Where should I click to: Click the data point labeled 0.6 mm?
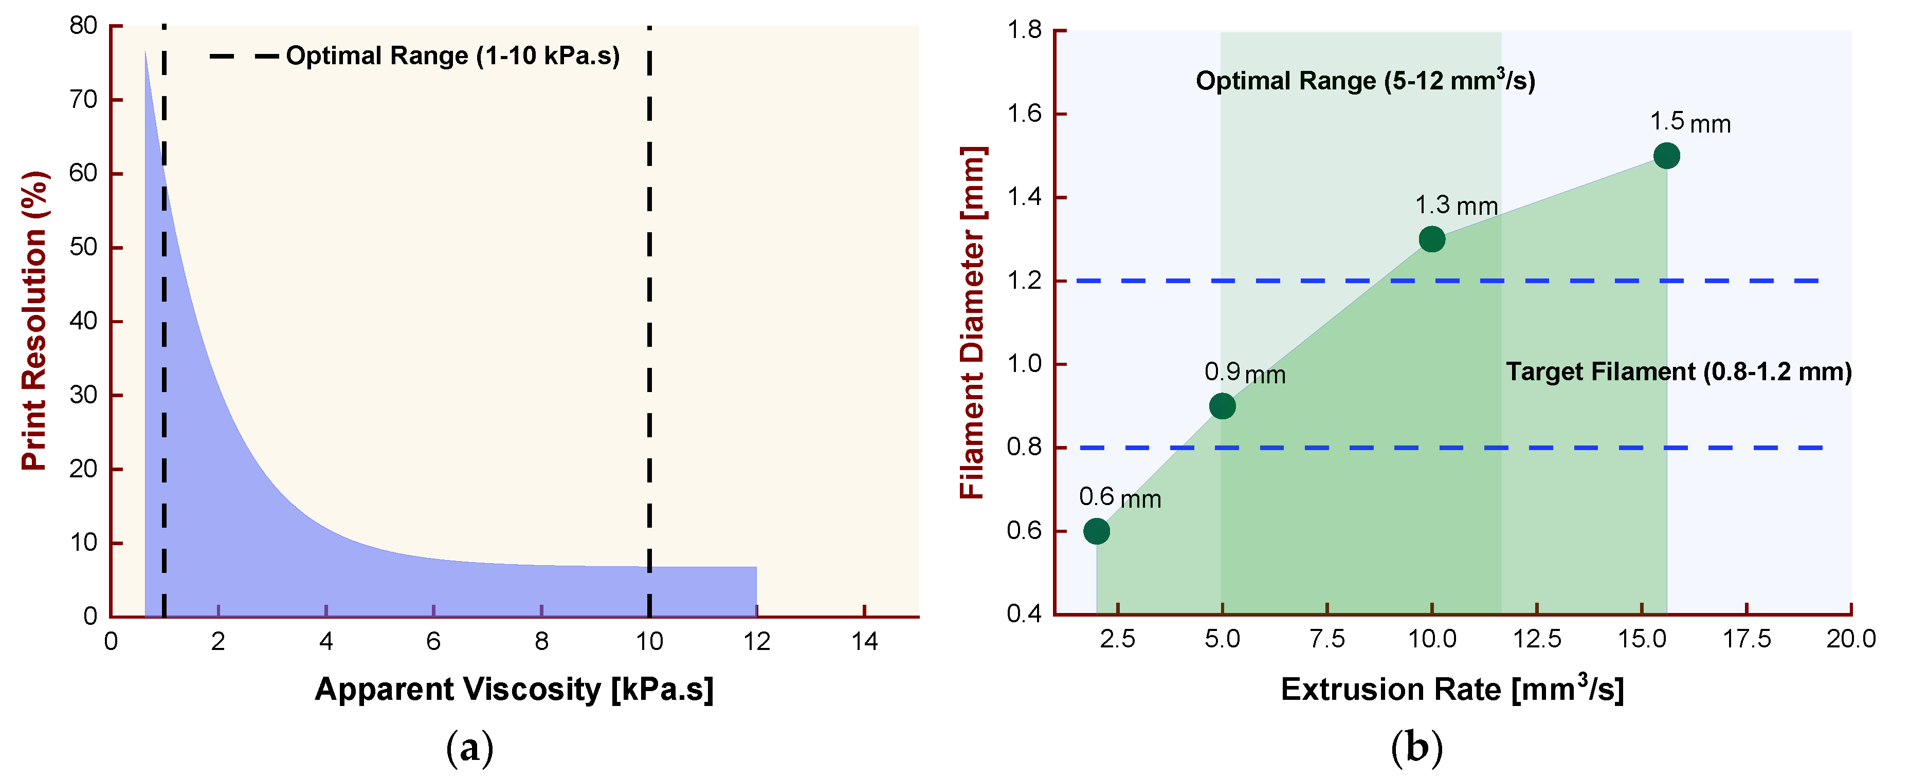pos(1097,531)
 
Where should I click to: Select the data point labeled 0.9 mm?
pos(1222,406)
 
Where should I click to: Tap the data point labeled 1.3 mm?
pos(1432,239)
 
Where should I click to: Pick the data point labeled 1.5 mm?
pos(1667,156)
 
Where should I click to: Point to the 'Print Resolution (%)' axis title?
pos(34,321)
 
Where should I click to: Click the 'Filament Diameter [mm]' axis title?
pos(972,323)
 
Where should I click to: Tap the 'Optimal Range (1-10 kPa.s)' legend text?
pos(453,56)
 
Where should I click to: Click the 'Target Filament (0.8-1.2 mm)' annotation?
pos(1678,372)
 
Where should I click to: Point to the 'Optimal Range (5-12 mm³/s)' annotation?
pos(1365,80)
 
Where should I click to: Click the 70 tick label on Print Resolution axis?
pos(83,100)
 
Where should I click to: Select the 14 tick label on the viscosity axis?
pos(864,641)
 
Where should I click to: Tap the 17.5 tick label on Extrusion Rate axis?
pos(1747,639)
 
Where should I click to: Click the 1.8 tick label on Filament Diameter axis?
pos(1024,31)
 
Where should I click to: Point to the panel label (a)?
pos(470,747)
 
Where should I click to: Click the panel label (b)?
pos(1416,747)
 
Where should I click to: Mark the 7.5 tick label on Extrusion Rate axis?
pos(1327,639)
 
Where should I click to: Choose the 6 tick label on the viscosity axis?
pos(433,641)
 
